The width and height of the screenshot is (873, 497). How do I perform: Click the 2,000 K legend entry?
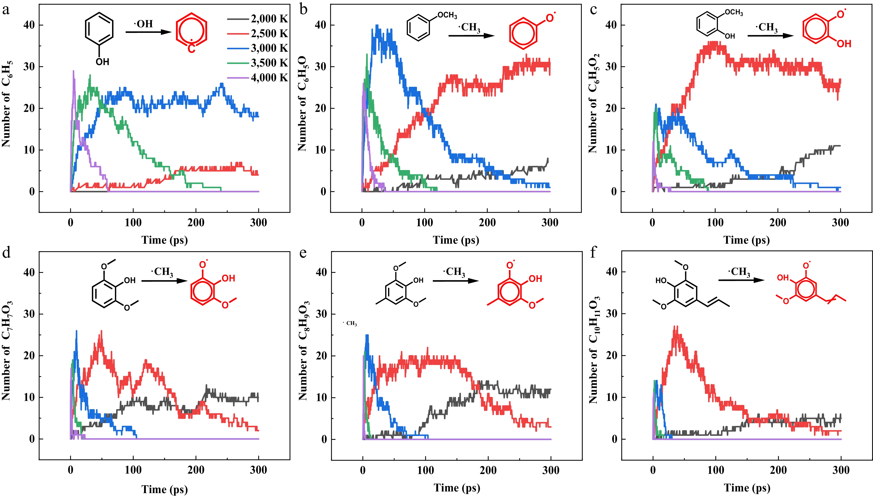click(x=258, y=19)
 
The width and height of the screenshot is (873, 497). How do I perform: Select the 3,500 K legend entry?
click(x=258, y=63)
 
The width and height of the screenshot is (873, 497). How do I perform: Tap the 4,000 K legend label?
click(x=269, y=77)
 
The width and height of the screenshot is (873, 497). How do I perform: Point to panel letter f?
click(x=594, y=253)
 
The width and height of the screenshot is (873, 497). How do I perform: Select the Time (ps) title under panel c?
click(x=746, y=240)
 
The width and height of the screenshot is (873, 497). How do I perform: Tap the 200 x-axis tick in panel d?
click(x=196, y=470)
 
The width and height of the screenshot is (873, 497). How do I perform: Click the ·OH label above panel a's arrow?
click(x=143, y=24)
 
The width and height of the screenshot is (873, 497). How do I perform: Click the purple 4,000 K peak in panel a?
click(x=73, y=71)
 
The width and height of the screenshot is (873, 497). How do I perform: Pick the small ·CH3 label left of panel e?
click(x=350, y=323)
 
